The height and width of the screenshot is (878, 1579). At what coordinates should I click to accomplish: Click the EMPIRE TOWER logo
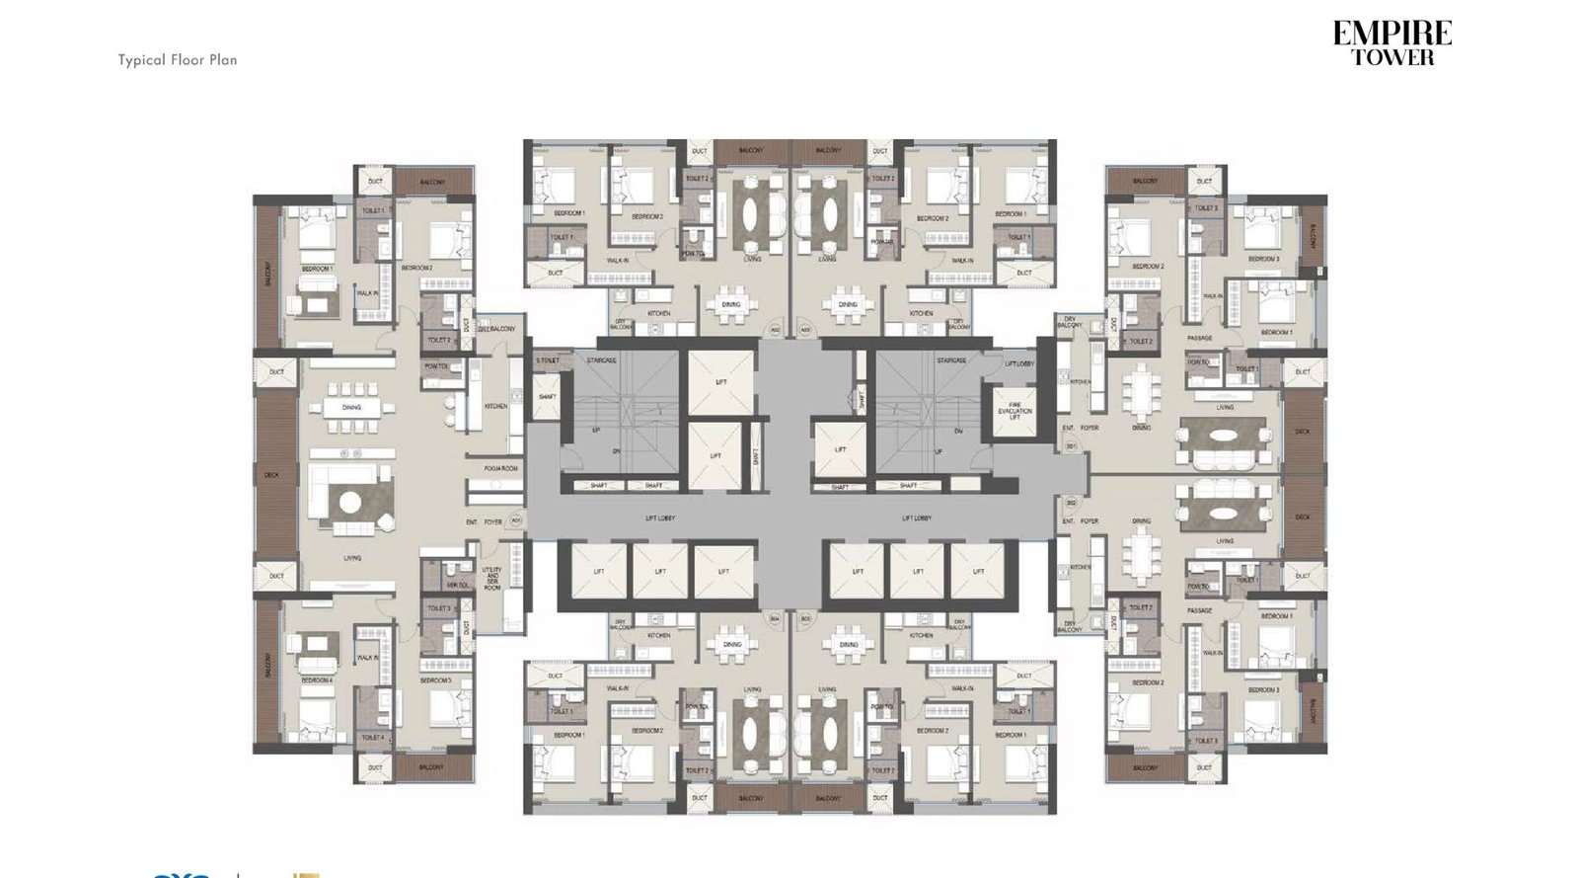(1391, 44)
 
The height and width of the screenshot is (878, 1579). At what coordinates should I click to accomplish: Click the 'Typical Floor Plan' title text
(178, 60)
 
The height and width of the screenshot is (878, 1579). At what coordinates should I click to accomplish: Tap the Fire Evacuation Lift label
(1015, 411)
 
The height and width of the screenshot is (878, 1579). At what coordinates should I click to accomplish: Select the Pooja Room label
(501, 468)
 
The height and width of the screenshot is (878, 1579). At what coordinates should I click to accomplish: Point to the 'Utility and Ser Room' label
(491, 579)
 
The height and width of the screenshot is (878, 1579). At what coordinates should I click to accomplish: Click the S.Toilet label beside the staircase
(548, 360)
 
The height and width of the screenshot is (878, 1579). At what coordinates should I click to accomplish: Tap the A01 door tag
(516, 520)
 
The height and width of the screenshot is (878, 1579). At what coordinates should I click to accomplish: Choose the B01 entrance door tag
(1072, 446)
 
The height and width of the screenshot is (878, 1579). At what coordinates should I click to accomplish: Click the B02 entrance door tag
(1072, 503)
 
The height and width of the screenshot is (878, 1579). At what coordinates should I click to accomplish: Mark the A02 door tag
(776, 330)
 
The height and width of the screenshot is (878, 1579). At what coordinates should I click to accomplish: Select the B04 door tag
(776, 619)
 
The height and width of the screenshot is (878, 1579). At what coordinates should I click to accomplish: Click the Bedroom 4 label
(316, 680)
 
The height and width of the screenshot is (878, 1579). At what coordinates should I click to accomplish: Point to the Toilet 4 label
(373, 737)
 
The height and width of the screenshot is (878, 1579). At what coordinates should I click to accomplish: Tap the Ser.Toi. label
(458, 585)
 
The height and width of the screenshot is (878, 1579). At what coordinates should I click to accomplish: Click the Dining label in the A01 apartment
(351, 407)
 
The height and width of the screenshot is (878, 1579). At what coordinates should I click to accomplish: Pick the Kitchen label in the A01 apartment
(495, 406)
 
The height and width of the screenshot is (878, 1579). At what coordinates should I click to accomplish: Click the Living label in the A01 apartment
(352, 558)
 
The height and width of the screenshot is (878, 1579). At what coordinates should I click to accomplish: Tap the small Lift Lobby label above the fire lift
(1018, 363)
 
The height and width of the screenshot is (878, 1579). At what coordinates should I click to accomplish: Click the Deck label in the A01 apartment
(271, 475)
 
